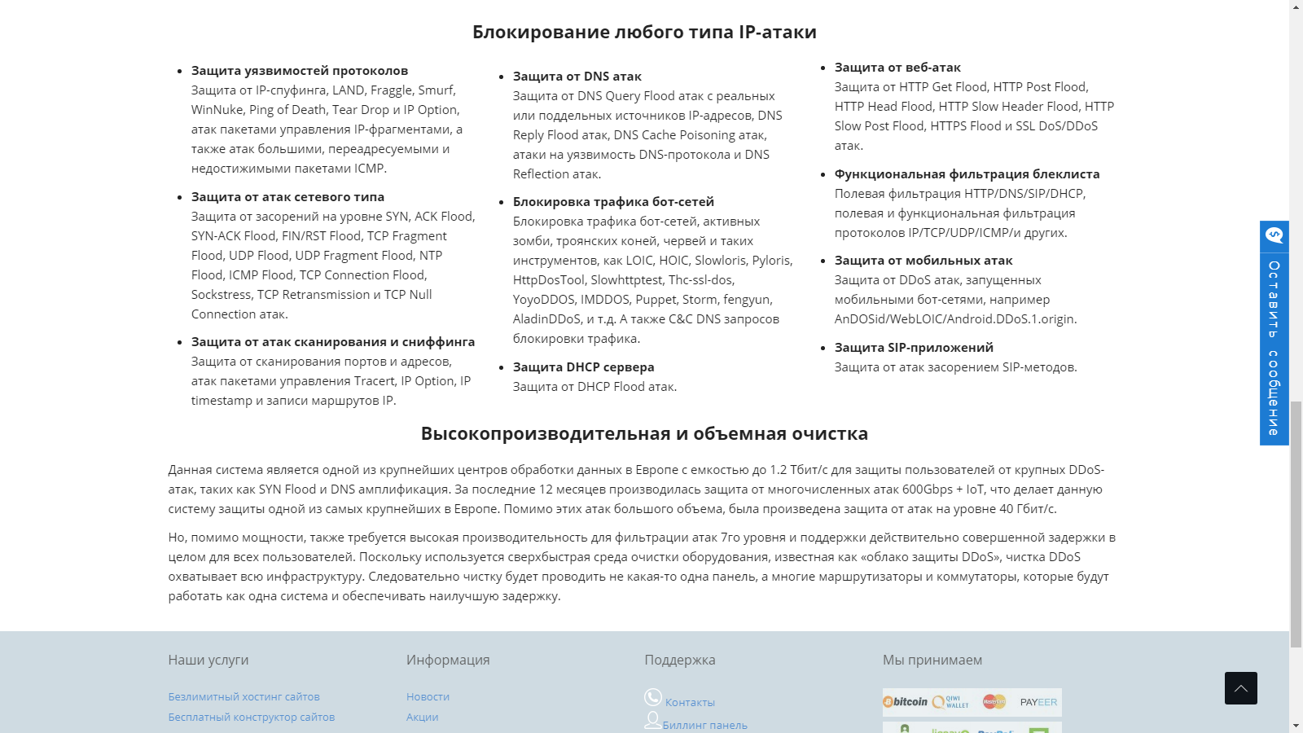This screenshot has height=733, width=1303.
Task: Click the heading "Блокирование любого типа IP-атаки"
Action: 644,33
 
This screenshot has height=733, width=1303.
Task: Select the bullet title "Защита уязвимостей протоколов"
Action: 300,71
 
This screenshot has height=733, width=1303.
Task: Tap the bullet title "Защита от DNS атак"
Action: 577,77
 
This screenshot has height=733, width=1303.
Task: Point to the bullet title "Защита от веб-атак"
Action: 897,68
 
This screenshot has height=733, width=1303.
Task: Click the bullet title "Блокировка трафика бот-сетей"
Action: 613,202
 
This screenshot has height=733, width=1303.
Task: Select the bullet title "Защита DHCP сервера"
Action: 583,367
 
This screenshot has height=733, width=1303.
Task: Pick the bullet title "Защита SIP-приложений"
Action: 914,348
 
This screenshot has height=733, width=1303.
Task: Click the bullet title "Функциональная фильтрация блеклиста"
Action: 967,174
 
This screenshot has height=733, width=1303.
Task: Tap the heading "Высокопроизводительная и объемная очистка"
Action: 644,434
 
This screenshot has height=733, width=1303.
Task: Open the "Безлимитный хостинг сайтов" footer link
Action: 244,697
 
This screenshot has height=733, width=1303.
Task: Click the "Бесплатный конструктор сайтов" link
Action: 252,718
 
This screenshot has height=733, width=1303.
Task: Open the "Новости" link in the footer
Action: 428,697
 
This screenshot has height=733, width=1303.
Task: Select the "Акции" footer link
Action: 422,718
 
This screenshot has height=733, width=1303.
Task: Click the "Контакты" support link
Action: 690,703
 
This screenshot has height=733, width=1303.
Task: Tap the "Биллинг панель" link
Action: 704,726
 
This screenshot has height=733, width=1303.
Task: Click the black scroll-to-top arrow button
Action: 1240,688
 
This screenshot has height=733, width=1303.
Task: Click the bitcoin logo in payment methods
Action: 906,702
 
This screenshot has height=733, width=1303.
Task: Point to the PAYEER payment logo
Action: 1038,702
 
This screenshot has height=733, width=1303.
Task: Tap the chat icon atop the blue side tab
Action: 1274,235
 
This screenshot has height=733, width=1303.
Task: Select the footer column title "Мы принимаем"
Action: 932,661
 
